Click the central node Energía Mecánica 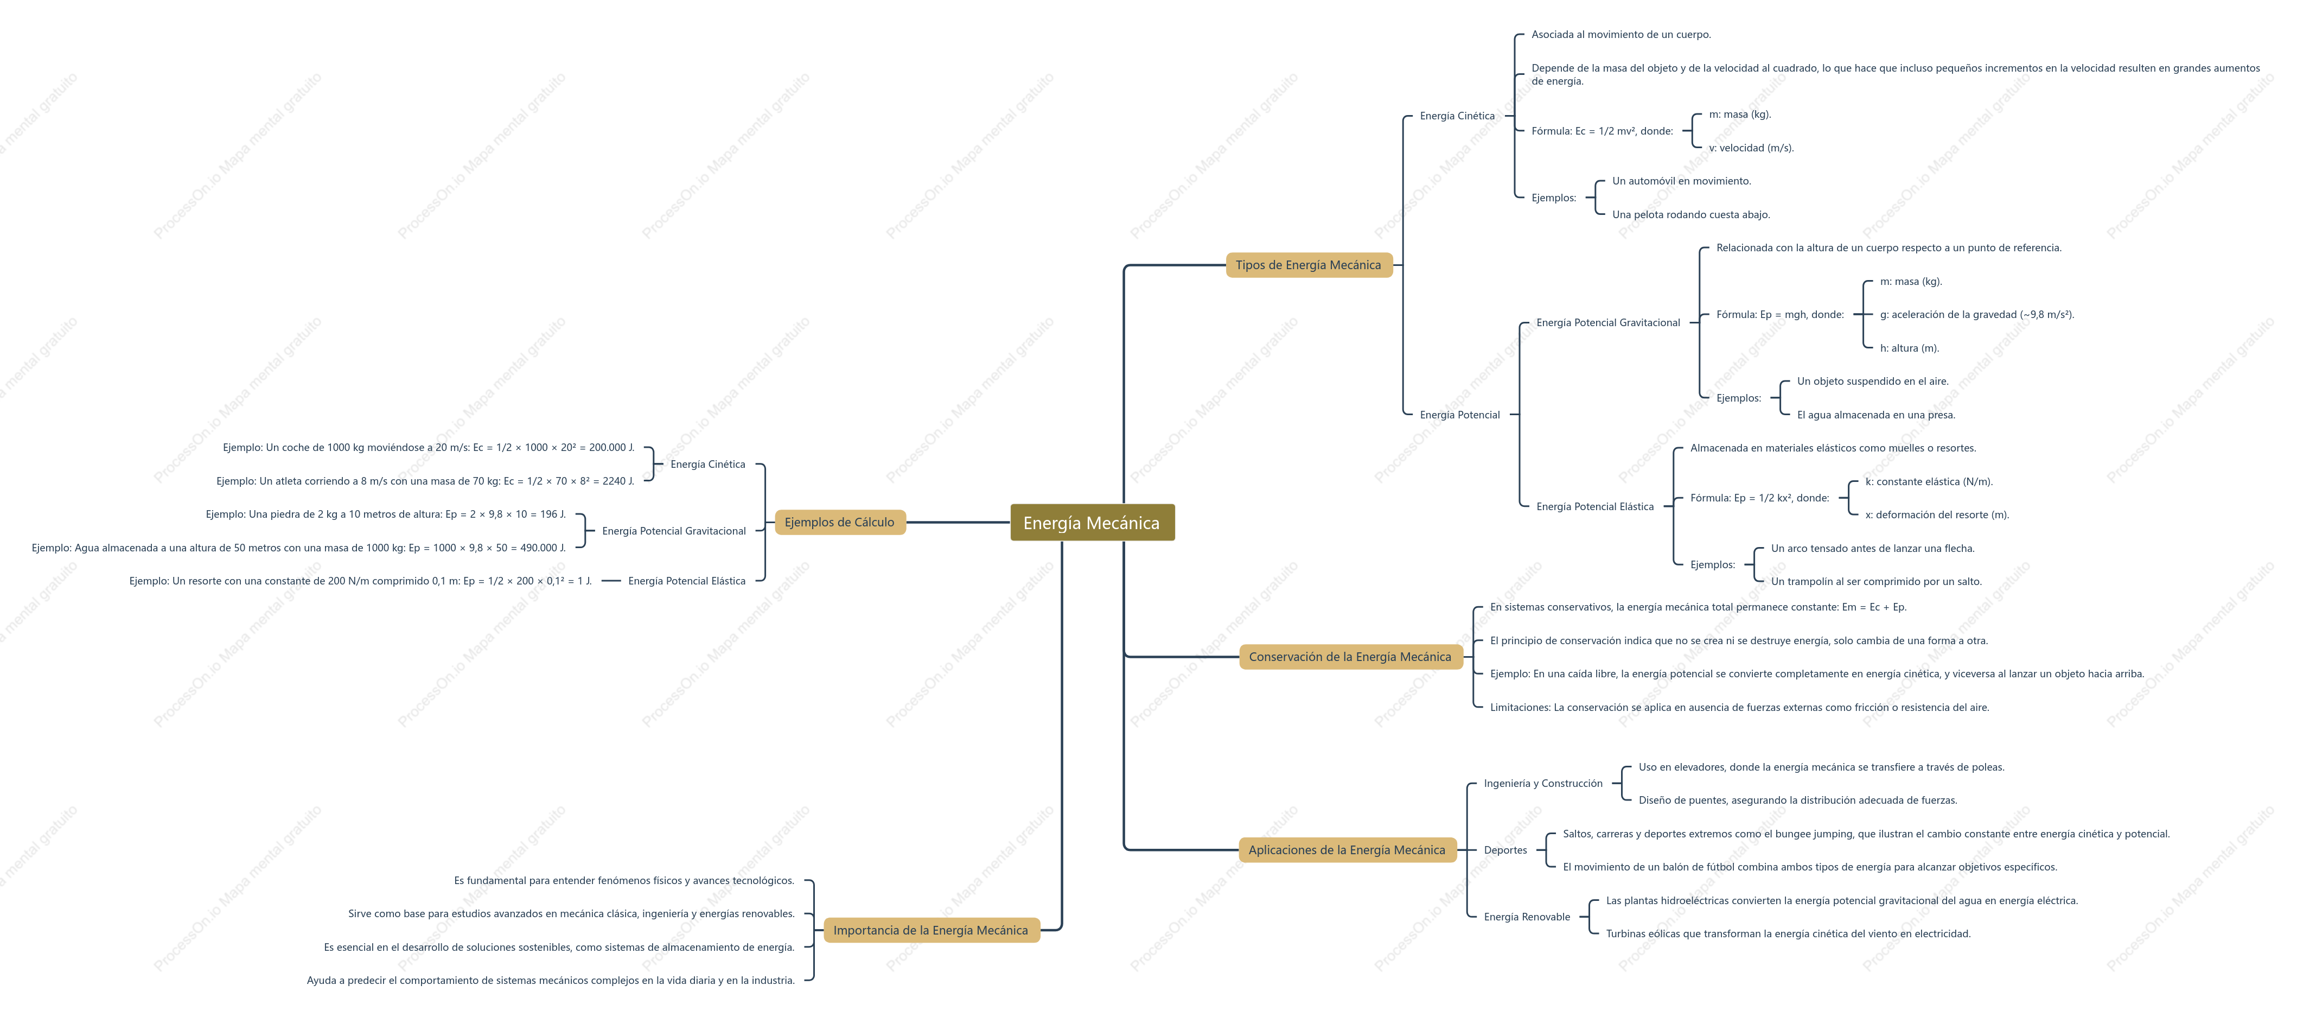click(1092, 523)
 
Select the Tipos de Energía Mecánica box click(1308, 265)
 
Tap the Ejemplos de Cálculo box click(839, 523)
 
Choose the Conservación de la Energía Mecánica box click(1350, 657)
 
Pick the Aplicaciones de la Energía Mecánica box click(1347, 850)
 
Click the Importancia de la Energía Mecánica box click(930, 930)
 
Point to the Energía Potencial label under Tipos click(1460, 415)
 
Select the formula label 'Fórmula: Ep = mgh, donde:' click(1780, 315)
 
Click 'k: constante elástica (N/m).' click(1929, 481)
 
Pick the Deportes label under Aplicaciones click(1505, 850)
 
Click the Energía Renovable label click(1527, 917)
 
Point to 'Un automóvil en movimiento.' click(1681, 181)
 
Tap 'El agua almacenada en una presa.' click(1875, 415)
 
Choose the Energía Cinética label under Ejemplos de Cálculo click(707, 465)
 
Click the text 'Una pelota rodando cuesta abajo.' click(1690, 215)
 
